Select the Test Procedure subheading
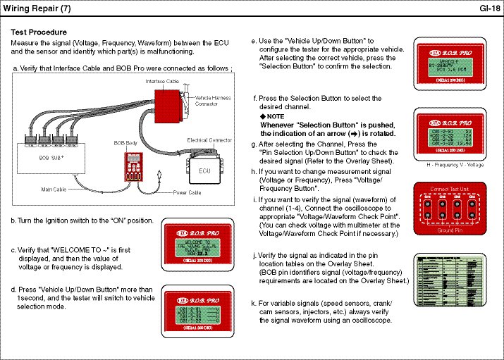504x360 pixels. coord(39,32)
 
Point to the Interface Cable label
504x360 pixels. coord(162,82)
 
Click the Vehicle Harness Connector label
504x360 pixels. coord(212,101)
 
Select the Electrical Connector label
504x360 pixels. coord(209,140)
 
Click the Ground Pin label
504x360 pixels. coord(450,230)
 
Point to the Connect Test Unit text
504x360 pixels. coord(450,189)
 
